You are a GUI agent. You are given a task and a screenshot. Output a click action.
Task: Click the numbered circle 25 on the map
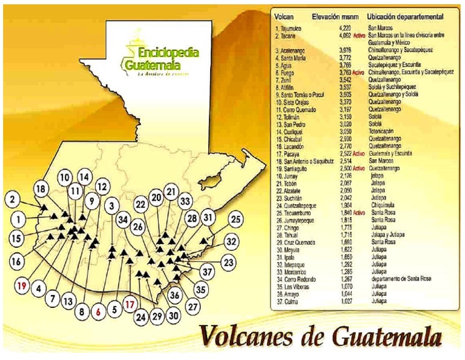point(236,220)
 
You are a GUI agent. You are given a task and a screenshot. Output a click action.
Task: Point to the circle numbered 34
point(123,218)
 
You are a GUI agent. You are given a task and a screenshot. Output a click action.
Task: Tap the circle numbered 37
point(208,272)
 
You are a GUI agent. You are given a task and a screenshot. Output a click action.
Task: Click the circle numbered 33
point(186,201)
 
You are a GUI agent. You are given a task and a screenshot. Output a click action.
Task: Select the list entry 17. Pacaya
point(289,154)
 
